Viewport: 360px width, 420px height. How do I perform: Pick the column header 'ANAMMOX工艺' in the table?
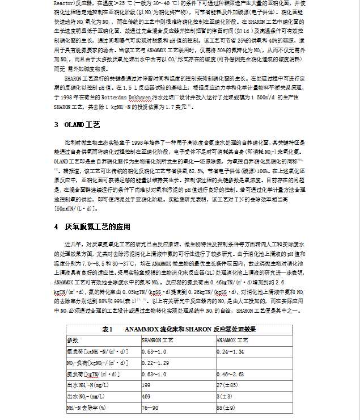pyautogui.click(x=232, y=340)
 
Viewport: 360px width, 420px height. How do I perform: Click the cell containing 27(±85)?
pyautogui.click(x=227, y=385)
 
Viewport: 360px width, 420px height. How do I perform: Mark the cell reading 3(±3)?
pyautogui.click(x=225, y=396)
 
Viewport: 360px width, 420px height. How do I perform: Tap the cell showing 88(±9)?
pyautogui.click(x=226, y=408)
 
